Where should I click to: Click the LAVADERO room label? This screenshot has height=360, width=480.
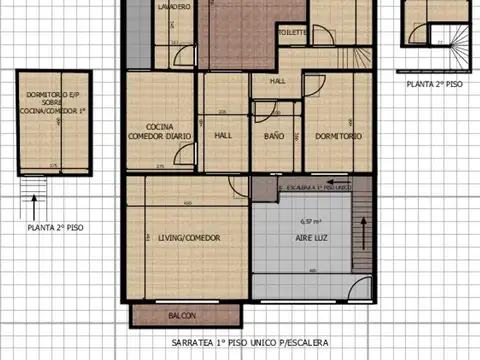[174, 6]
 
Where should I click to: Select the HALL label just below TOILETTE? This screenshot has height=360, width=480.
[279, 81]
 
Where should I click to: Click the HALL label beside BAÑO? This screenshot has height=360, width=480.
[223, 135]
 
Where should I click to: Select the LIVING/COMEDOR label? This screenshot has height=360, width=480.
[189, 237]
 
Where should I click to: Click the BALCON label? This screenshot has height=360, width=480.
[182, 316]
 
